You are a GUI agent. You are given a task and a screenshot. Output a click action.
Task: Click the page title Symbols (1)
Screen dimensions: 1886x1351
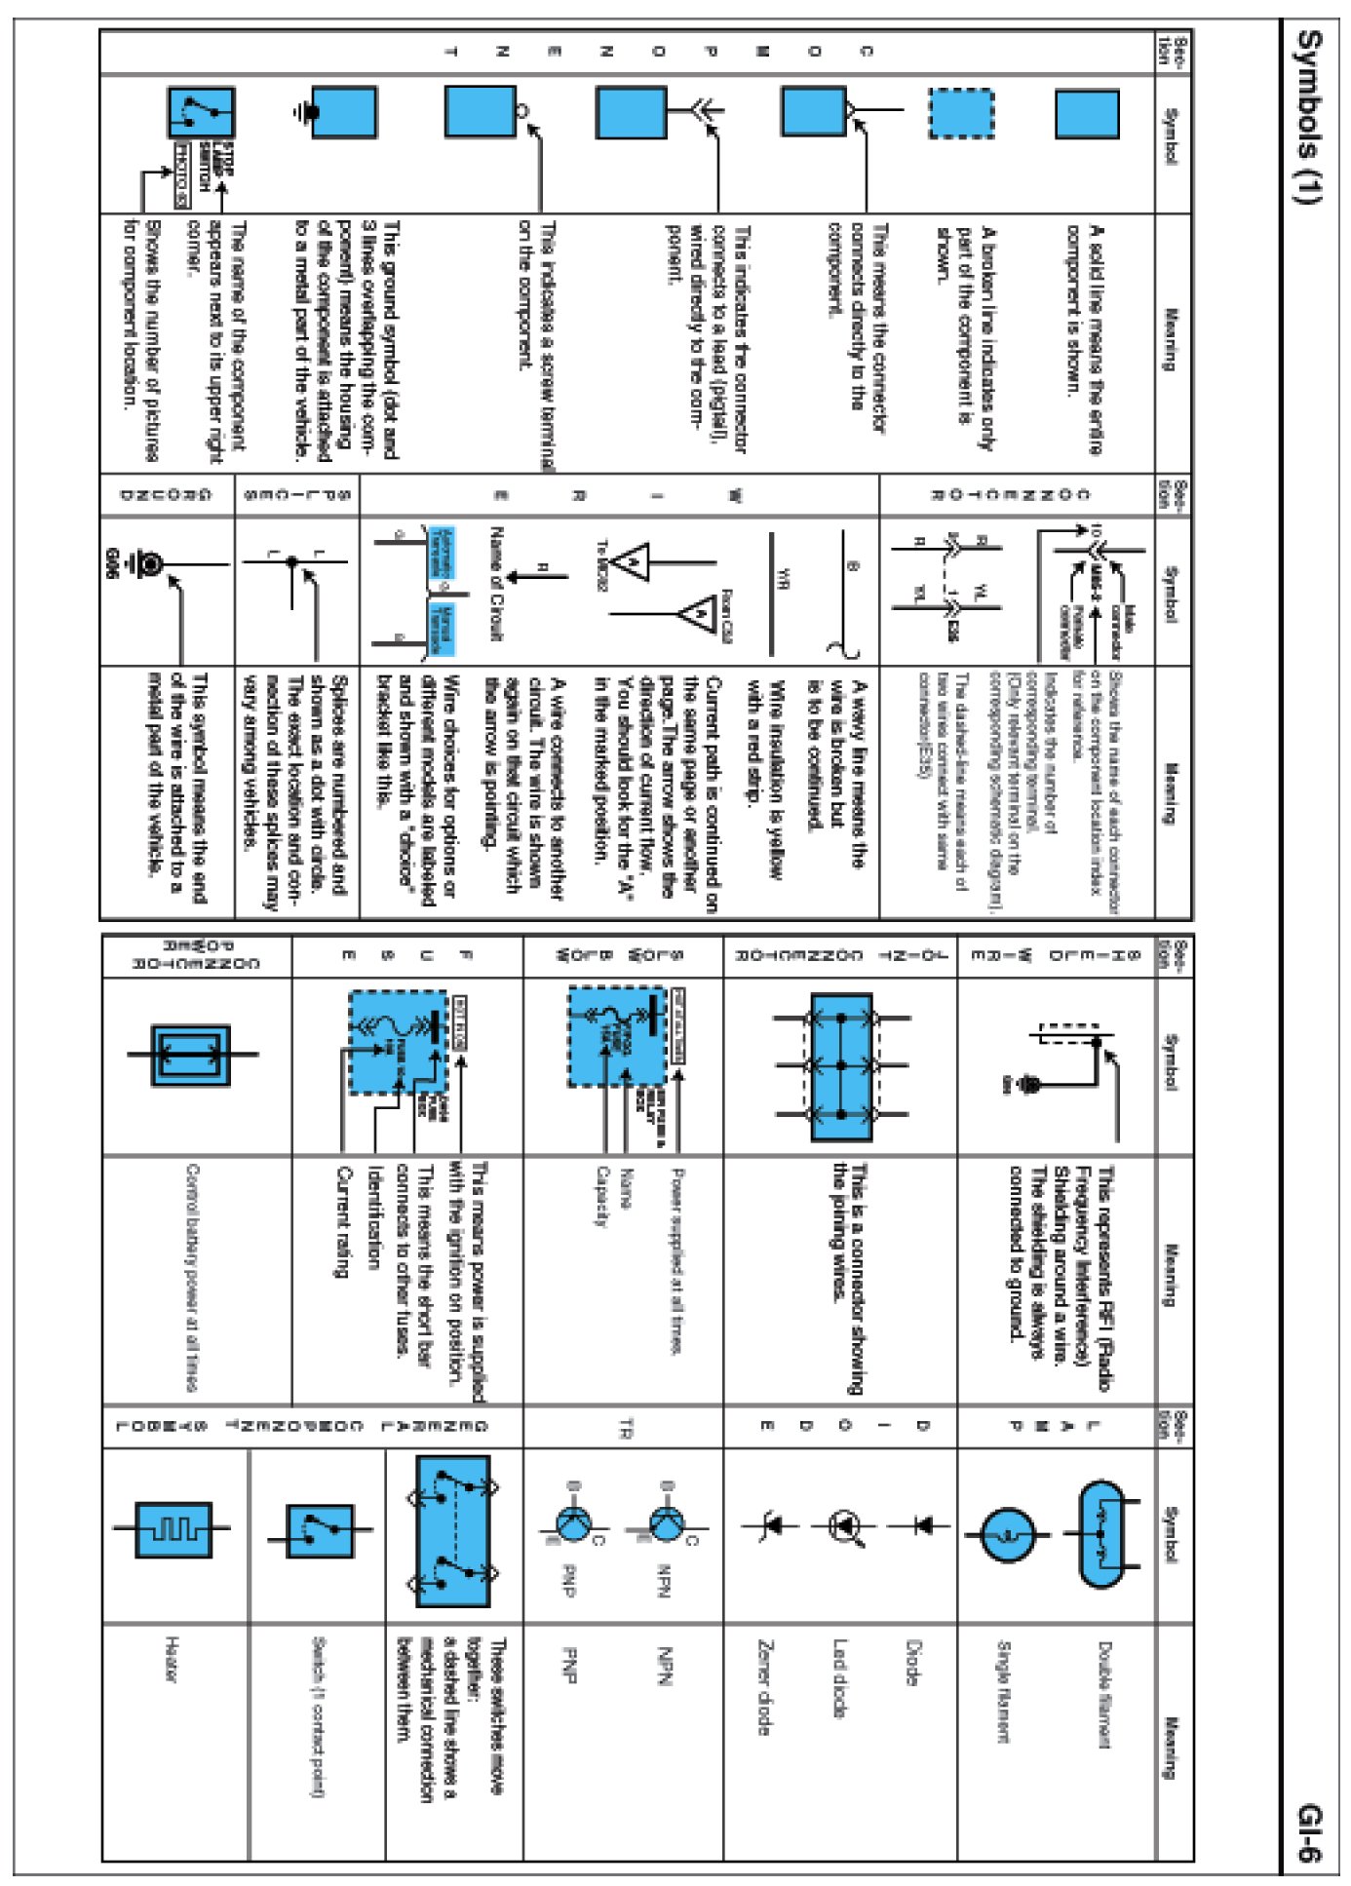pyautogui.click(x=1309, y=117)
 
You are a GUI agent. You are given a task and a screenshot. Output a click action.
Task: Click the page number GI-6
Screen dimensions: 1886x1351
pyautogui.click(x=1309, y=1832)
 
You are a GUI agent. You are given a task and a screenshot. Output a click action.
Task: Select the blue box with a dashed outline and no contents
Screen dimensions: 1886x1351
pyautogui.click(x=960, y=114)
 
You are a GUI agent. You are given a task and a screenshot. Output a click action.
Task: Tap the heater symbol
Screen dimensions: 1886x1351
pyautogui.click(x=173, y=1528)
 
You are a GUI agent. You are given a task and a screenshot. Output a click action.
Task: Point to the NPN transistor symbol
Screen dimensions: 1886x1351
pyautogui.click(x=667, y=1522)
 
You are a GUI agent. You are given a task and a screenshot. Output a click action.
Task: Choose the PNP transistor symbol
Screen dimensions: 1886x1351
pyautogui.click(x=573, y=1522)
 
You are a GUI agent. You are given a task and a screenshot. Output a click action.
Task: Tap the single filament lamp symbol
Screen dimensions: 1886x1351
pyautogui.click(x=1006, y=1534)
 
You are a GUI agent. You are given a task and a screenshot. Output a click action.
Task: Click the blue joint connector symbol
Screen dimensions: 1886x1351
pyautogui.click(x=841, y=1066)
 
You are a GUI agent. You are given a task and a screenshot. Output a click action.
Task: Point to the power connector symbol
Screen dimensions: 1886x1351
pyautogui.click(x=191, y=1055)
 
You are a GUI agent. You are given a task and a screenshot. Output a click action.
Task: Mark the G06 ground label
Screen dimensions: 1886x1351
pyautogui.click(x=111, y=565)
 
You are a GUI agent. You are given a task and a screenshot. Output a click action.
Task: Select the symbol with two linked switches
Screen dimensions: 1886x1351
pyautogui.click(x=453, y=1530)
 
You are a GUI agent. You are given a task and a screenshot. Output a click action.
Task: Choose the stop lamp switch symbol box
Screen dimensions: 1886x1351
pyautogui.click(x=201, y=113)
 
